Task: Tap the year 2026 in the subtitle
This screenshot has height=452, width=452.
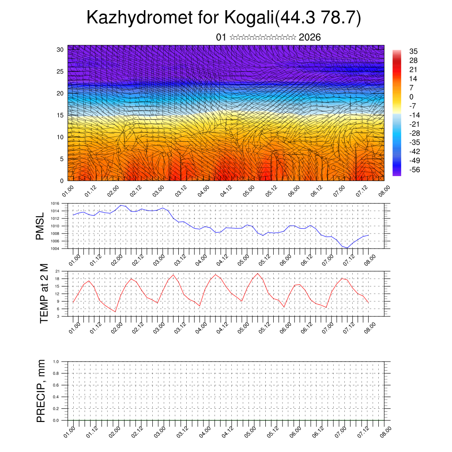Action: click(x=309, y=38)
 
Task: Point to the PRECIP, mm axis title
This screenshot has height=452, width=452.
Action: click(x=41, y=390)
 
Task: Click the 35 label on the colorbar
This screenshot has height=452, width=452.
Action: click(x=414, y=52)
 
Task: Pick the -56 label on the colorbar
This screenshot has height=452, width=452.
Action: click(x=414, y=169)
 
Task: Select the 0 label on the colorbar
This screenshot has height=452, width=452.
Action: click(x=411, y=97)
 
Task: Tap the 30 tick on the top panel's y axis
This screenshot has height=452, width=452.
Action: click(x=60, y=49)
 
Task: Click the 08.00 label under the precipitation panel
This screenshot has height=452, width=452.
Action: click(x=384, y=431)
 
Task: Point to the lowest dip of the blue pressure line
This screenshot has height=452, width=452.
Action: click(x=347, y=248)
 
